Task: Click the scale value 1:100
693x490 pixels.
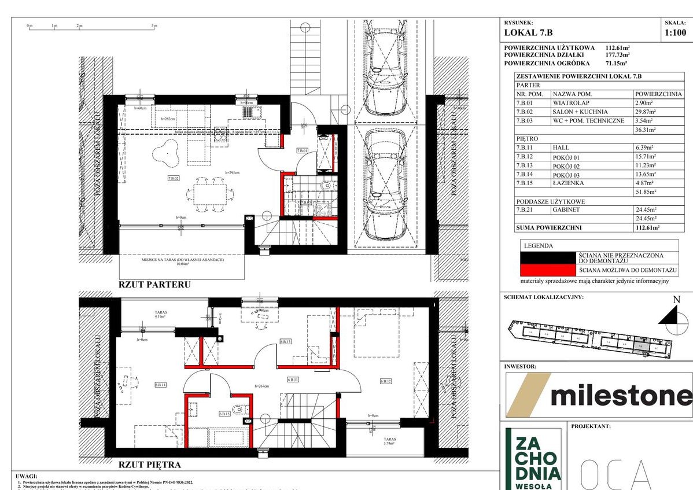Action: [x=676, y=33]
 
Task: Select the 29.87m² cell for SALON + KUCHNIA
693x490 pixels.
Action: [x=647, y=112]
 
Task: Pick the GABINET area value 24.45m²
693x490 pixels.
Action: [x=647, y=211]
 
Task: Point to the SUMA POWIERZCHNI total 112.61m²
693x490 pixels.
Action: [x=647, y=228]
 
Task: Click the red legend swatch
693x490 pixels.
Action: [x=548, y=270]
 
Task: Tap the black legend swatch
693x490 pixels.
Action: [x=548, y=257]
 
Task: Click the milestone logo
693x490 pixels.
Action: [x=598, y=395]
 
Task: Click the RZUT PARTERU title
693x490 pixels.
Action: [x=154, y=285]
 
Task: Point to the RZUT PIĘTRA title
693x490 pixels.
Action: [x=150, y=464]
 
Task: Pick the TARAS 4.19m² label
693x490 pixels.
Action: [x=160, y=314]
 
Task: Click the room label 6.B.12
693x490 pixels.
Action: [x=386, y=381]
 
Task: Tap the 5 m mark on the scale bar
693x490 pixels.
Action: [x=154, y=25]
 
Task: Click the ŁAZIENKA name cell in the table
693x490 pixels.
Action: [x=569, y=183]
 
